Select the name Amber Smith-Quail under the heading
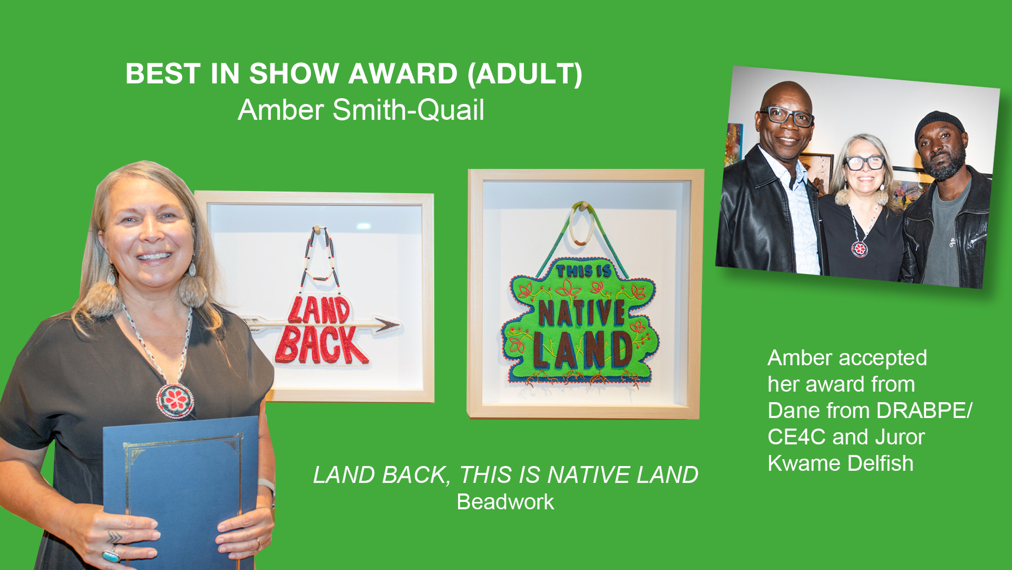pos(361,110)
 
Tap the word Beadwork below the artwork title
pos(505,502)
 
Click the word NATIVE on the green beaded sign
pos(581,313)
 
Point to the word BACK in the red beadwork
pos(322,346)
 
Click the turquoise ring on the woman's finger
pos(111,555)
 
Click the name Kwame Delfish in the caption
pos(840,463)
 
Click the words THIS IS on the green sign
pos(583,271)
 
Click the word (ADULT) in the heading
pos(525,73)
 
